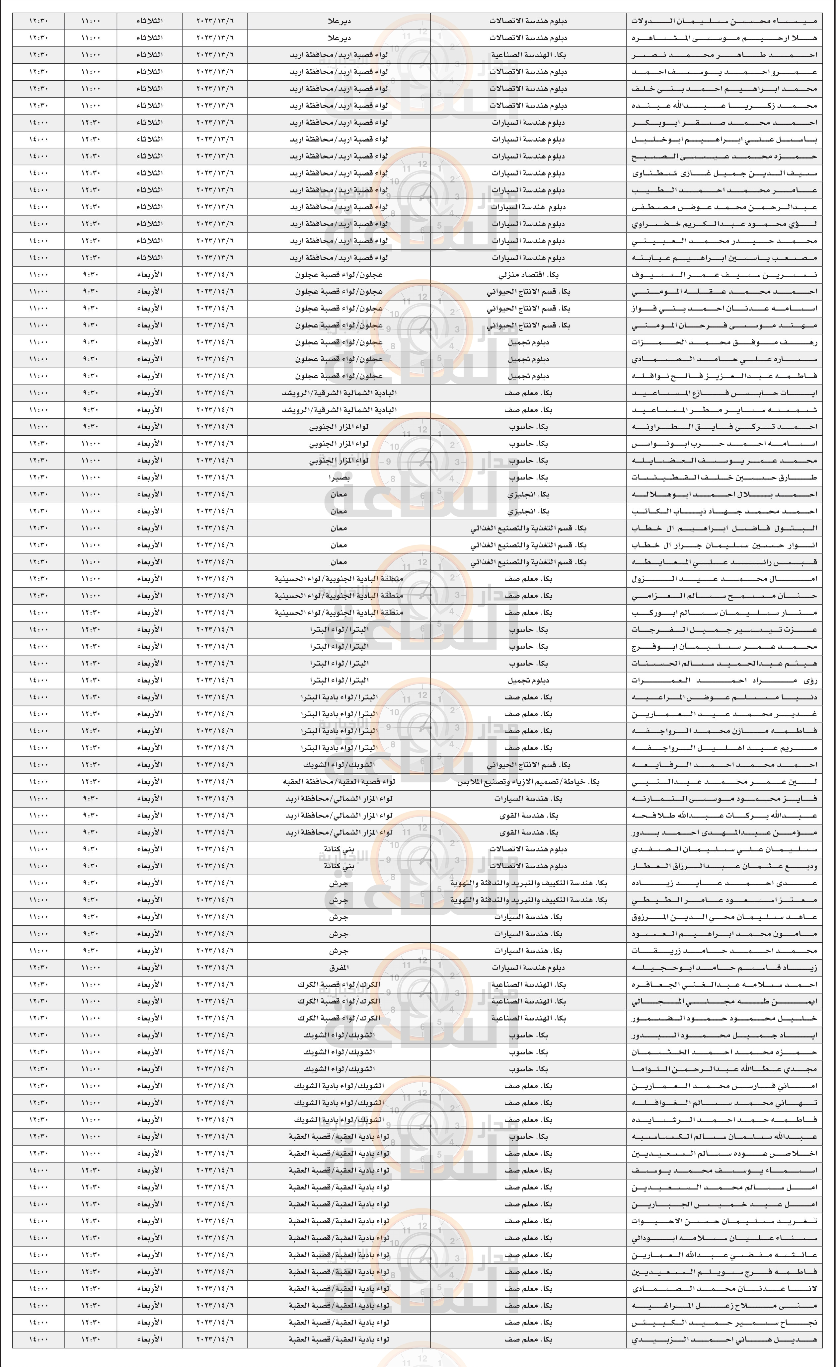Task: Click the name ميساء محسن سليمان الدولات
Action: [x=724, y=21]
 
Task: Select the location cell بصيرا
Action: [x=339, y=478]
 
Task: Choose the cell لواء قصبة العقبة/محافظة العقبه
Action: [x=339, y=782]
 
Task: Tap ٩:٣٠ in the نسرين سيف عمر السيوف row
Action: [x=91, y=275]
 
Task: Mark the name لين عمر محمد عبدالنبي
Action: [x=724, y=782]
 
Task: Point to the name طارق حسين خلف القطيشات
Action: [x=724, y=478]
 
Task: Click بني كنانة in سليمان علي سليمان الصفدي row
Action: [x=339, y=849]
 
